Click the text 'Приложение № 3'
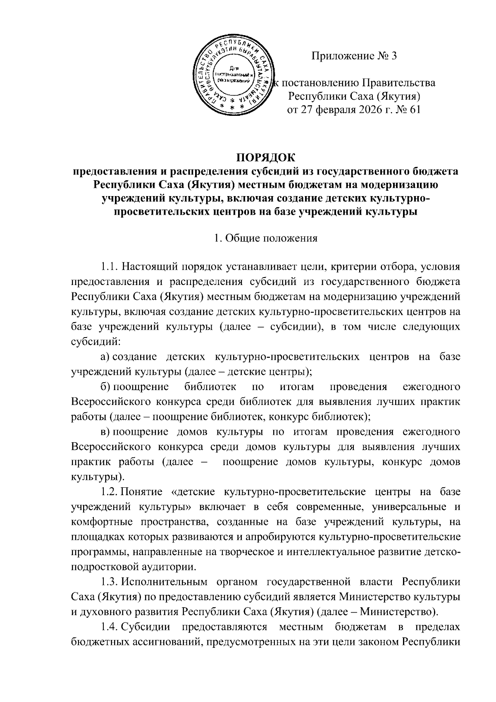[354, 56]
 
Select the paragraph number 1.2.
[110, 492]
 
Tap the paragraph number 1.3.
[110, 582]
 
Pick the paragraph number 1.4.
[110, 627]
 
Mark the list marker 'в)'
[106, 432]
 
